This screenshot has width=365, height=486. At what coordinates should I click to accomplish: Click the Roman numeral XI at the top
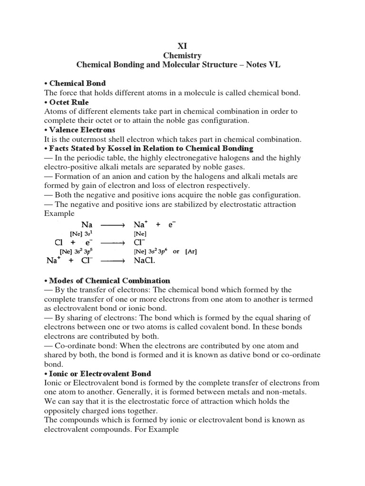click(182, 46)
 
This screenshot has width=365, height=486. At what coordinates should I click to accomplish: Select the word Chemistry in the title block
click(182, 56)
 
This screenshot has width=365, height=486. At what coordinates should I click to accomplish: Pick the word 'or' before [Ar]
click(176, 252)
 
